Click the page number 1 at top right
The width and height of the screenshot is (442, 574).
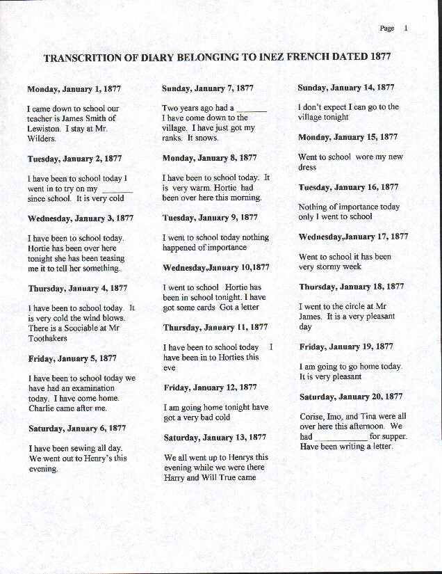[406, 29]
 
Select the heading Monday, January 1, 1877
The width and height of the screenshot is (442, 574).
[73, 89]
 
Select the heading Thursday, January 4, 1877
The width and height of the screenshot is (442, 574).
[78, 288]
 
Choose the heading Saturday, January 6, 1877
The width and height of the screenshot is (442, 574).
[77, 429]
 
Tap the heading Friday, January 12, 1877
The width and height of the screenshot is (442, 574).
[211, 388]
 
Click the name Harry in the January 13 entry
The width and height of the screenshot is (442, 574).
[175, 478]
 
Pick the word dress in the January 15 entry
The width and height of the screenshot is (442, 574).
[307, 168]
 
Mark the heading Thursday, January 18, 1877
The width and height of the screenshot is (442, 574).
[351, 287]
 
